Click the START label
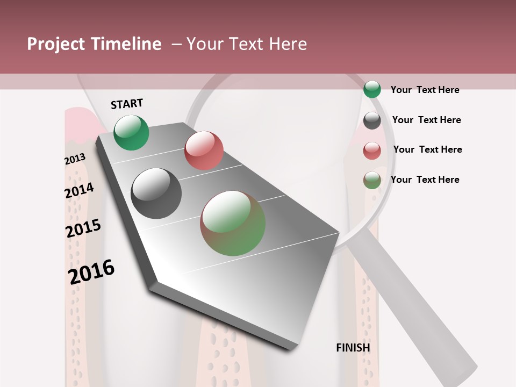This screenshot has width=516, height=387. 127,104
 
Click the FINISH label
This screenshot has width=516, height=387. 353,348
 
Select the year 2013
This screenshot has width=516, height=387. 75,159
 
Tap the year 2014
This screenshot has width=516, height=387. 79,191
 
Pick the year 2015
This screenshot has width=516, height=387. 83,228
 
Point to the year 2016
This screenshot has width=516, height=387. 91,271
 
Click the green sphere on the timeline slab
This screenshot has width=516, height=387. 131,132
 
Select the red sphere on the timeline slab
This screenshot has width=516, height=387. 204,150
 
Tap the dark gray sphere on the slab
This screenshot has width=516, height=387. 156,193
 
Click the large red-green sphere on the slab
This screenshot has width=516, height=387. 233,223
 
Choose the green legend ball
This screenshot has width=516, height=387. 372,89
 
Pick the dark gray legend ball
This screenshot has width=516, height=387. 372,120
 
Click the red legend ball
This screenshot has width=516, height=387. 372,150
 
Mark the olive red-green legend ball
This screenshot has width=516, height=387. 372,180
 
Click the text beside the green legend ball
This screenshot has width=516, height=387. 425,90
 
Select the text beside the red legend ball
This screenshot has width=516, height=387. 427,149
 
